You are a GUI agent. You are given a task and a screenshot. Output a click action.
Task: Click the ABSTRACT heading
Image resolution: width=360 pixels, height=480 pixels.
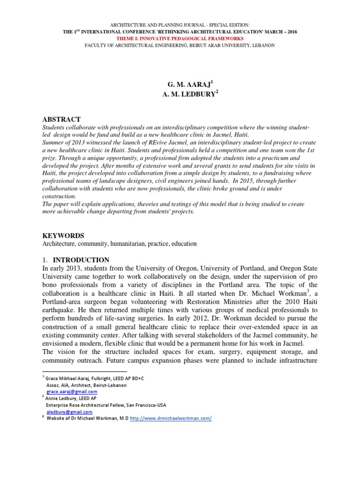pyautogui.click(x=62, y=120)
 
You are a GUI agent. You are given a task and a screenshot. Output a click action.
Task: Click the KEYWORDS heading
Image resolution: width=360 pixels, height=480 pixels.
pyautogui.click(x=63, y=235)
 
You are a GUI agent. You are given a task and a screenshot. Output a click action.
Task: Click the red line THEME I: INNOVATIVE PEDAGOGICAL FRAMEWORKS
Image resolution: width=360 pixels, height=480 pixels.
pyautogui.click(x=180, y=38)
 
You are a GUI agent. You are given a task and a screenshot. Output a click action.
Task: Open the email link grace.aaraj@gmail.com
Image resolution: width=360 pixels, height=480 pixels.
pyautogui.click(x=72, y=391)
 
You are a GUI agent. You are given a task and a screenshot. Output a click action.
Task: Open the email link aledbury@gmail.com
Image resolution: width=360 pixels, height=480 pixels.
pyautogui.click(x=68, y=412)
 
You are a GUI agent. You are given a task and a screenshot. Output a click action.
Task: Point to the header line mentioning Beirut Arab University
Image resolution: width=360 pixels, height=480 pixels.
pyautogui.click(x=180, y=45)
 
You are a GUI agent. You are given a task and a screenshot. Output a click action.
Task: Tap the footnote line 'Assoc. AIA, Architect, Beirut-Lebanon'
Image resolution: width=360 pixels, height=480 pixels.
pyautogui.click(x=86, y=385)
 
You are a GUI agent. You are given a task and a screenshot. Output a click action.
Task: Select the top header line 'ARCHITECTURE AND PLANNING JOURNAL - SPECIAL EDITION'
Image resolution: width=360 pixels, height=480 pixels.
pyautogui.click(x=180, y=24)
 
